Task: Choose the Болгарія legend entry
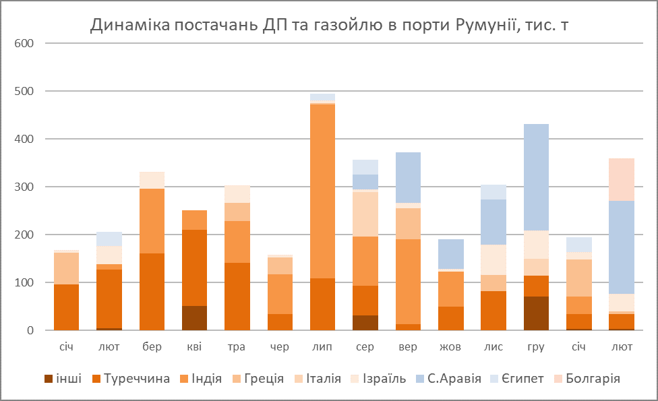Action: tap(591, 379)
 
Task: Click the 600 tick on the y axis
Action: tap(24, 43)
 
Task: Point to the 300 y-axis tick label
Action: tap(24, 187)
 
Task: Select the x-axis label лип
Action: tap(322, 347)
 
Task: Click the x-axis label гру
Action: tap(536, 347)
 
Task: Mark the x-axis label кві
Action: tap(194, 347)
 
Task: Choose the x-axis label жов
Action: tap(450, 347)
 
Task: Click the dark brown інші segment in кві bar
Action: tap(194, 318)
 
